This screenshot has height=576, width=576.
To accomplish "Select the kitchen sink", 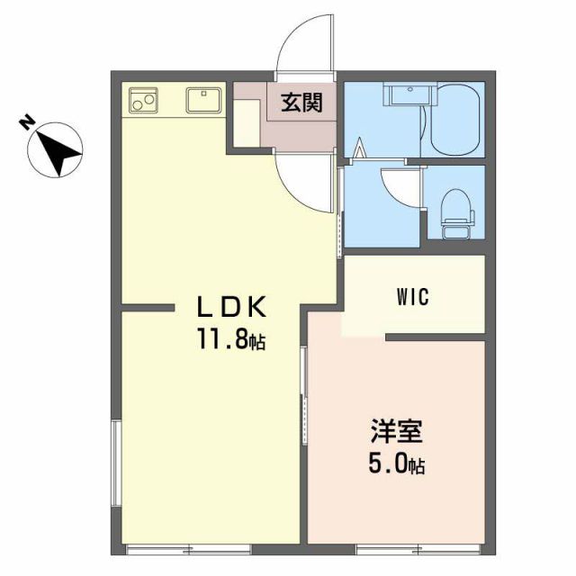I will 204,99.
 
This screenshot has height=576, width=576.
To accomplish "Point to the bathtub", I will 457,120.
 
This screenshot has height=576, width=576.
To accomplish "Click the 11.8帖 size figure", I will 231,341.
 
